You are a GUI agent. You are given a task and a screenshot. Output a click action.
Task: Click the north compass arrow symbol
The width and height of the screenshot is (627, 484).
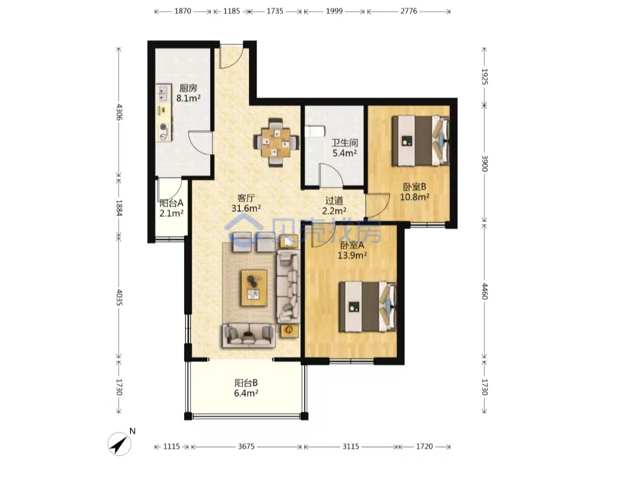[119, 444]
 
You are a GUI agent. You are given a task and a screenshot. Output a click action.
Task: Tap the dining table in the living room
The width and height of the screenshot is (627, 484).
[276, 142]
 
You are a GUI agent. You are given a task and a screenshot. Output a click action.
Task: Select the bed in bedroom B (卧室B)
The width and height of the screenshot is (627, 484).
[420, 141]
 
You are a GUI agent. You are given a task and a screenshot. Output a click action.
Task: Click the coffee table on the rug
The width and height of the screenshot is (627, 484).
[254, 288]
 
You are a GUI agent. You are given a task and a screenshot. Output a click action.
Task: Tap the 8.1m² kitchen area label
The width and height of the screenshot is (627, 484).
[188, 98]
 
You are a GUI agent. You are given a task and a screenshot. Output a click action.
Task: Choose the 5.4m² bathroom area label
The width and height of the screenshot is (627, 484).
[345, 153]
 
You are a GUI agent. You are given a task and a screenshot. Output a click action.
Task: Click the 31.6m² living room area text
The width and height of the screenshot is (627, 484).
[246, 208]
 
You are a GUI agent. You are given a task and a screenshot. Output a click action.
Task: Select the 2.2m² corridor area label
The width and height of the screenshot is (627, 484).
[334, 210]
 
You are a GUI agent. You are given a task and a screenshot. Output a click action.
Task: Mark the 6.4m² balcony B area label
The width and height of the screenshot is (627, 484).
[246, 393]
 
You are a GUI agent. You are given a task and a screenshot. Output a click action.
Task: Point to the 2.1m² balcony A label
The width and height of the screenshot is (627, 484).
[171, 213]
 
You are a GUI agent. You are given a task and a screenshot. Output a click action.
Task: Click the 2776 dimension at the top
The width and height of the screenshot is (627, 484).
[409, 11]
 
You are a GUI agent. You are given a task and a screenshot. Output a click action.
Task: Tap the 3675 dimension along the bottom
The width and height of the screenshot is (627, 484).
[246, 446]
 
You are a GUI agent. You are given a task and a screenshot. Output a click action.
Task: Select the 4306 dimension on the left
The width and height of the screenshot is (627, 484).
[119, 112]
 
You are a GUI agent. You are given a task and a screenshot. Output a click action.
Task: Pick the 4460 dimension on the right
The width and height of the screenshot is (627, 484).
[485, 291]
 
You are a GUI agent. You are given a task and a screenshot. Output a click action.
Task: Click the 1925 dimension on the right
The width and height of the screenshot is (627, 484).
[485, 77]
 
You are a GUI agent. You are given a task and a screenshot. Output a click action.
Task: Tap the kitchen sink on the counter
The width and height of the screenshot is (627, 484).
[163, 93]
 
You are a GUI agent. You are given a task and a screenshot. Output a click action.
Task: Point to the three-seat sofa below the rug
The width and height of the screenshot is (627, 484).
[248, 335]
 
